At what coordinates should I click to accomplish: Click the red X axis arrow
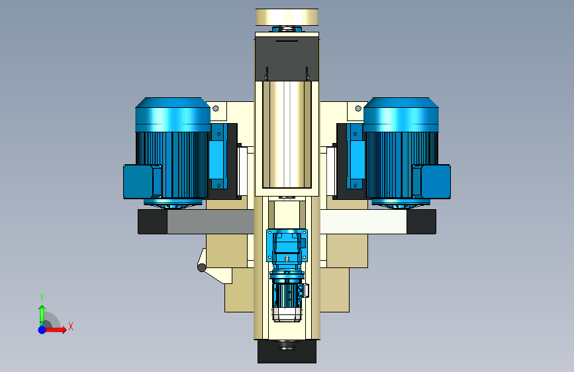click(55, 330)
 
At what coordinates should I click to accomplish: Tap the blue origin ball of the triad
click(42, 330)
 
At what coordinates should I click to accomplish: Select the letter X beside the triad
click(71, 326)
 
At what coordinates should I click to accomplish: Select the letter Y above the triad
click(42, 298)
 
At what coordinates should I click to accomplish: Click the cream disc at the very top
click(287, 17)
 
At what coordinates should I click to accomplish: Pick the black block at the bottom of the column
click(287, 351)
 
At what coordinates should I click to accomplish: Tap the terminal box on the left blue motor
click(142, 181)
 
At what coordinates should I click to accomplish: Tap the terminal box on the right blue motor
click(432, 181)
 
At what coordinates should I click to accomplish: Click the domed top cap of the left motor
click(173, 115)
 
